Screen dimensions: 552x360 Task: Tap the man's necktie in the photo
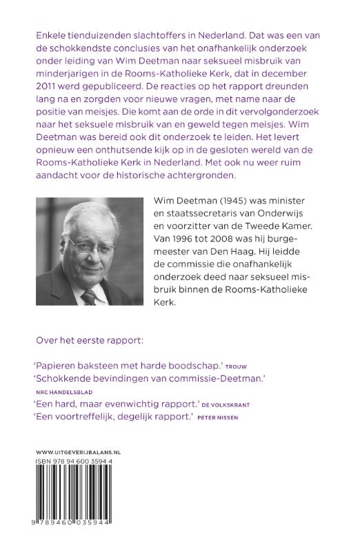[89, 296]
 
